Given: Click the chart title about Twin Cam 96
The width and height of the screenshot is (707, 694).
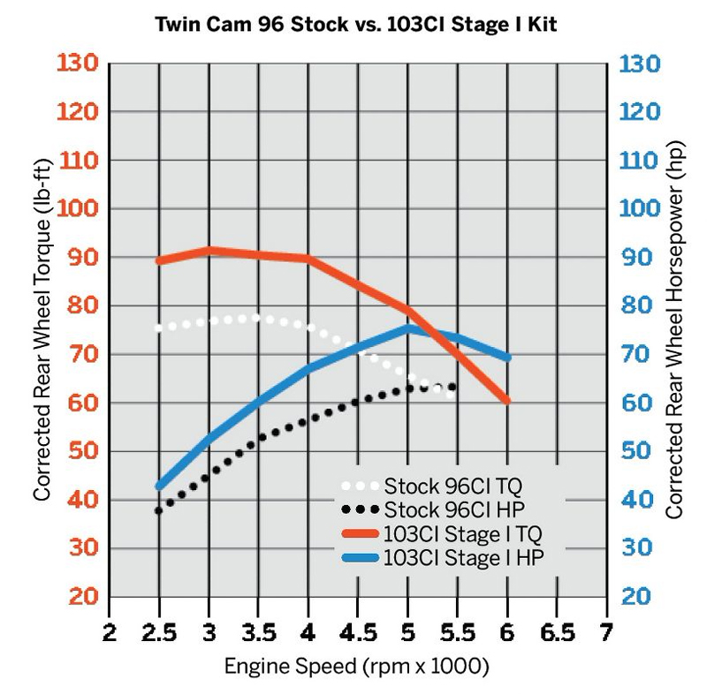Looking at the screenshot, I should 353,25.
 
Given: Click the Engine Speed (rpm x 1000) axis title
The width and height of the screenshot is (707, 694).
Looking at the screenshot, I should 357,663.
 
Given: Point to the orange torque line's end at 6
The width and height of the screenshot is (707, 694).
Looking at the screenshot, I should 507,400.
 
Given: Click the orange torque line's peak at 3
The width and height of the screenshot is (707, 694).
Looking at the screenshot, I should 209,251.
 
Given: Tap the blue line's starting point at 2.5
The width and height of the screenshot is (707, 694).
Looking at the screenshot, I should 160,486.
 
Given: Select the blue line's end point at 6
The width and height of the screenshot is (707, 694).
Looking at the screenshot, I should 507,358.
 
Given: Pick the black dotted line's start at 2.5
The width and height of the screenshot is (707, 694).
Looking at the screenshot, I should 159,510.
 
